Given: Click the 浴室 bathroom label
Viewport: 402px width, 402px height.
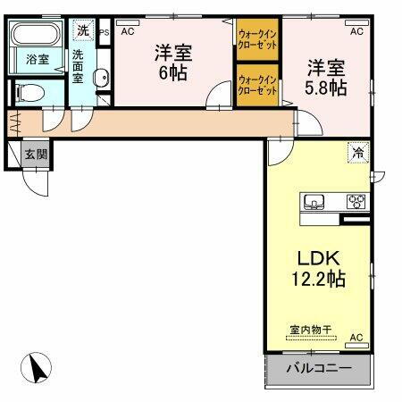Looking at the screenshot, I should click(36, 61).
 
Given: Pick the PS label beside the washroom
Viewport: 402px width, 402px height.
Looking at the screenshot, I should click(104, 31).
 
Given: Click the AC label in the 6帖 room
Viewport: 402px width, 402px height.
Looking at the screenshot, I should click(127, 30).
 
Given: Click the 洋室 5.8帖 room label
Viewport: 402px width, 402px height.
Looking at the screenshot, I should click(326, 75).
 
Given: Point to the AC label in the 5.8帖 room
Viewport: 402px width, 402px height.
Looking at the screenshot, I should click(356, 31).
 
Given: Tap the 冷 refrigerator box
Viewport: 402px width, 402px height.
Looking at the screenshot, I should click(356, 153).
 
